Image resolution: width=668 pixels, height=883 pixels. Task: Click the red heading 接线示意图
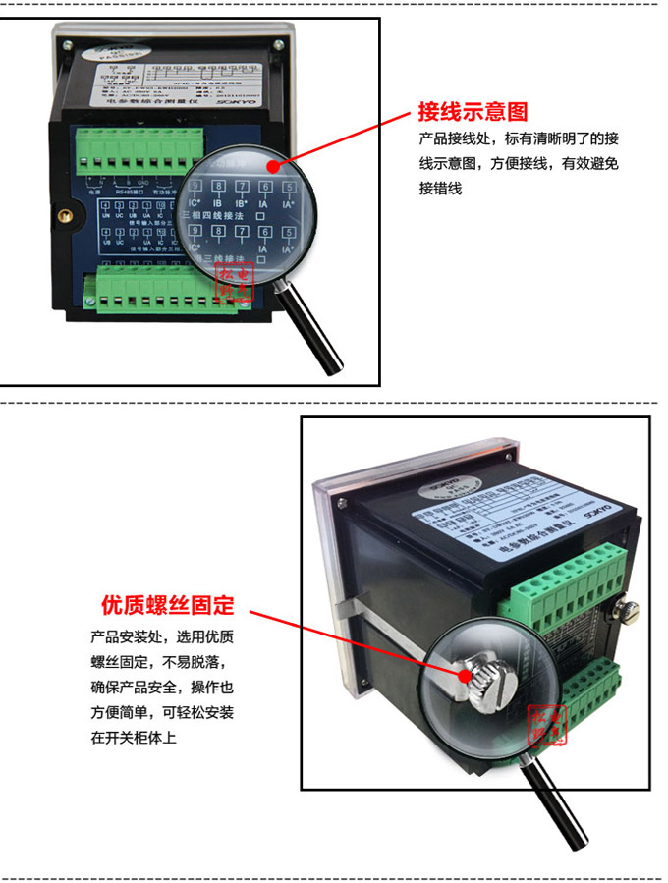point(473,110)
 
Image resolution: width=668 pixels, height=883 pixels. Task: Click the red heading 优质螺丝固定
point(167,603)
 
